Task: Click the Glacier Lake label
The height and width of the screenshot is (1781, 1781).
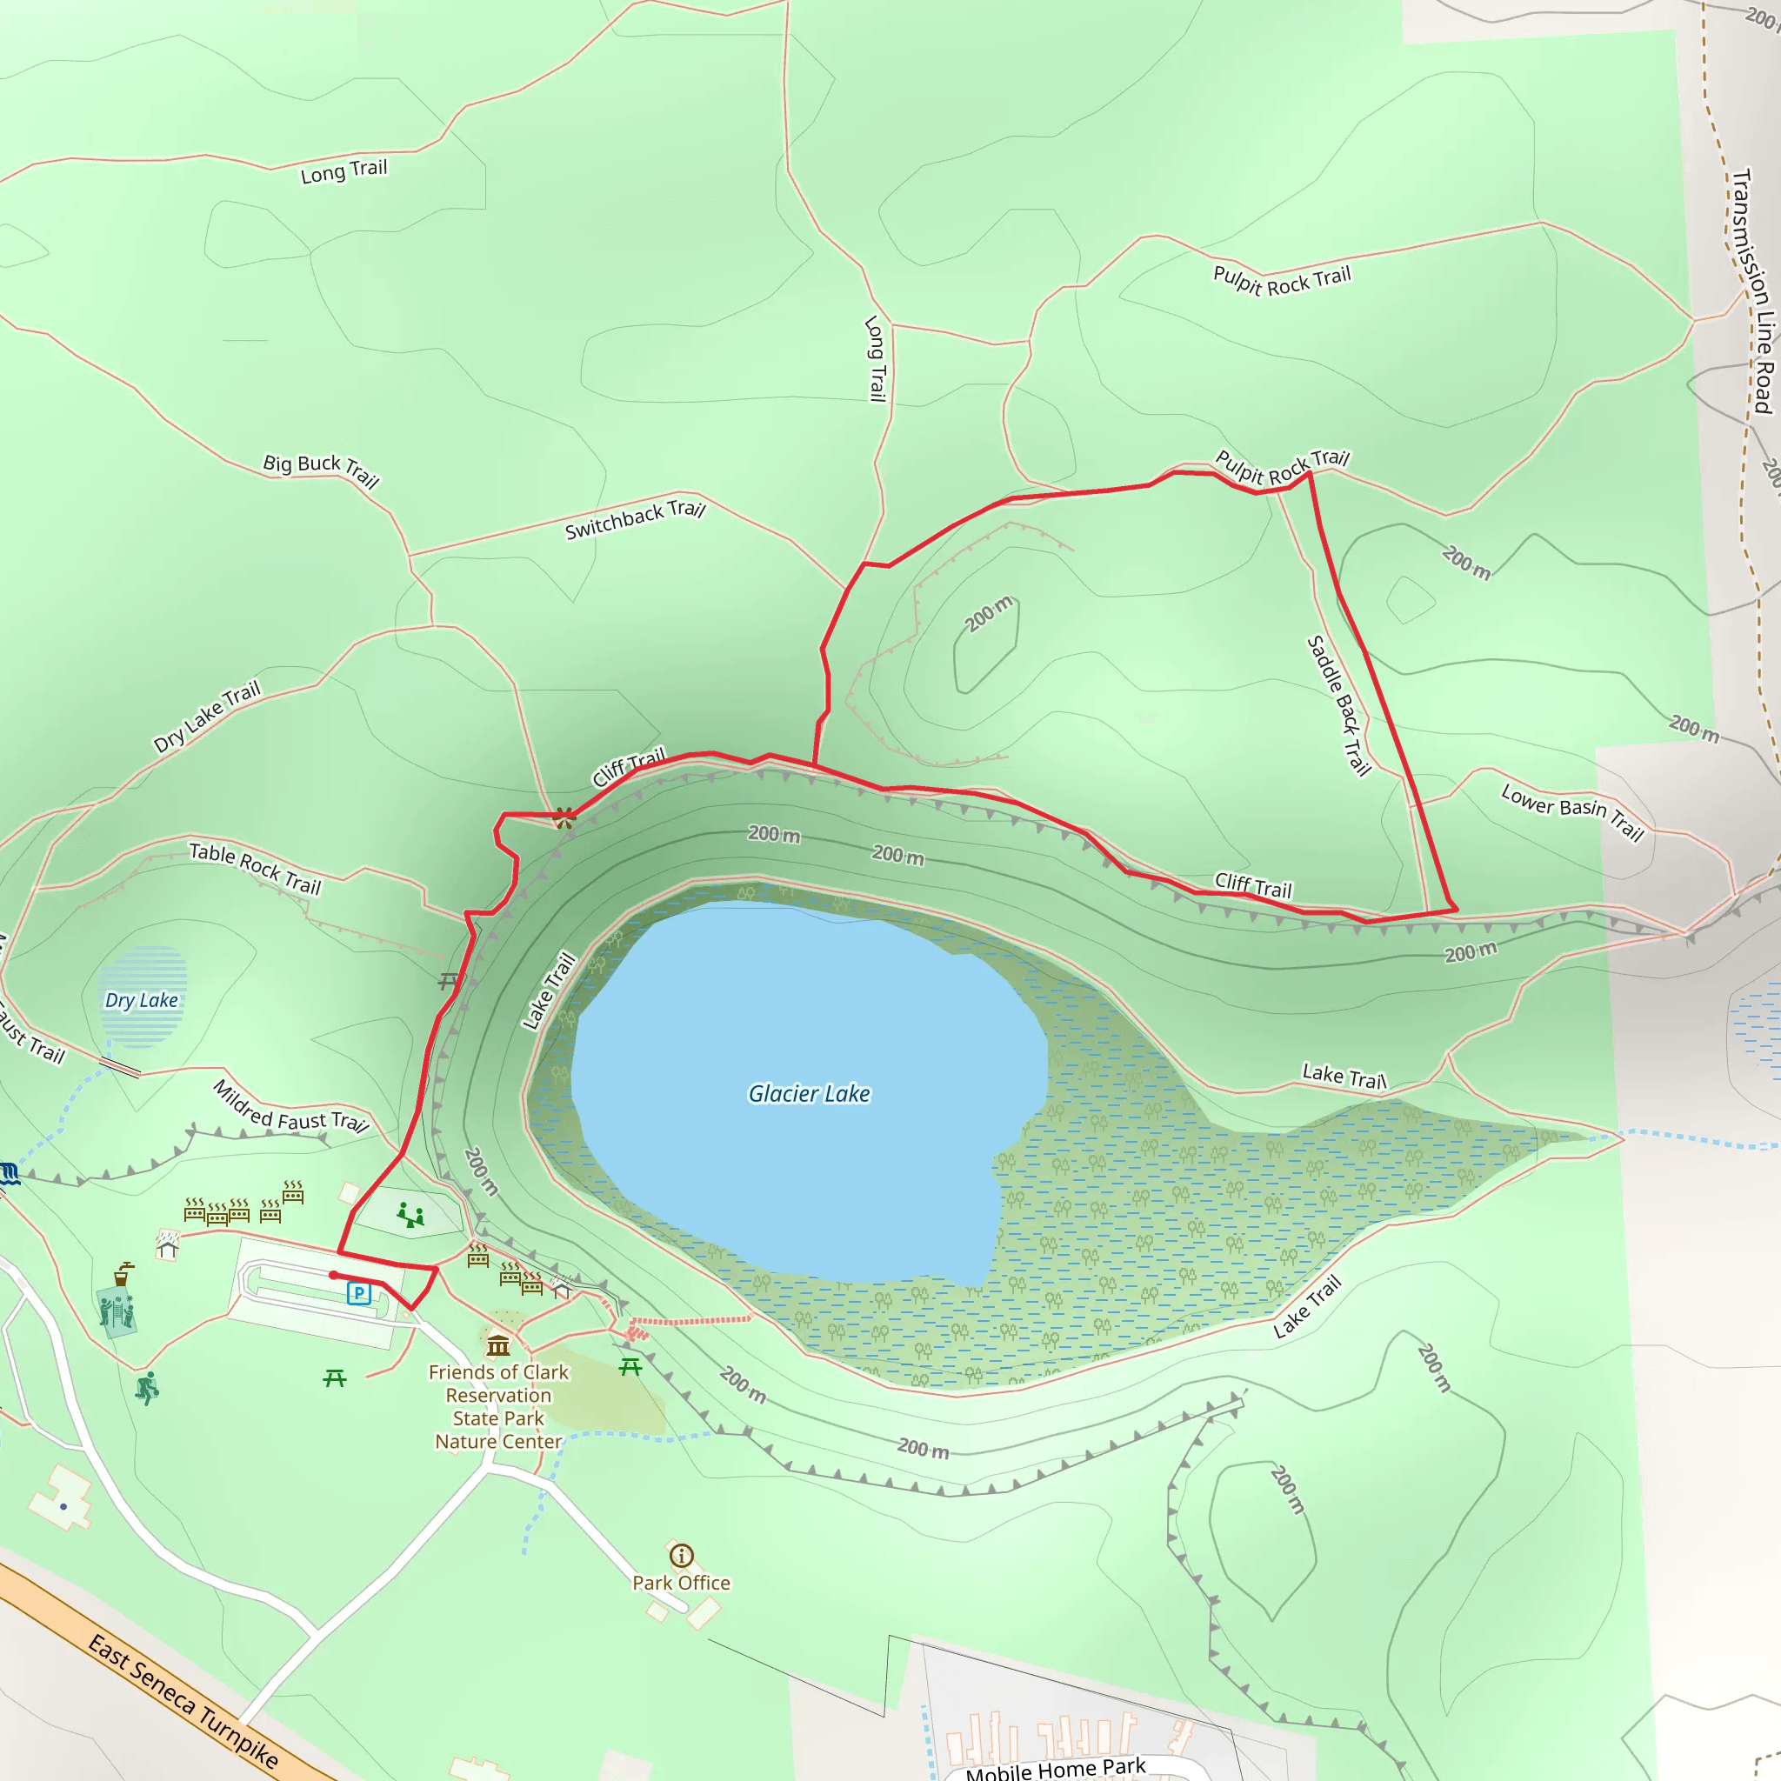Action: click(809, 1093)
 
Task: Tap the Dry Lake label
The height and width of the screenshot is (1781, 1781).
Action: click(141, 1000)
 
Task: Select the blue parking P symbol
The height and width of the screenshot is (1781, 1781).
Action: click(358, 1293)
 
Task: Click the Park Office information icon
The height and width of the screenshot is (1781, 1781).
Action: click(681, 1556)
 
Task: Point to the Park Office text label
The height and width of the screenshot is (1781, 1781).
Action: click(681, 1583)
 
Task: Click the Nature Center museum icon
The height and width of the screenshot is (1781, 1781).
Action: click(498, 1346)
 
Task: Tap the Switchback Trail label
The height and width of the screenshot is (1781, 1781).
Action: click(635, 520)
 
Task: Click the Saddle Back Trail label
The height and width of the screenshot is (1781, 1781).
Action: click(1339, 705)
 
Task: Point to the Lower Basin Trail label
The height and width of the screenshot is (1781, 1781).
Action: click(1572, 811)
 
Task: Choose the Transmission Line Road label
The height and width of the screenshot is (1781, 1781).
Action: click(1752, 290)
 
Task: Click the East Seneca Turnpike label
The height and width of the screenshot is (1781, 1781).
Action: click(183, 1702)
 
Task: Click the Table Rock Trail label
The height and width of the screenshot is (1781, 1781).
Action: click(256, 869)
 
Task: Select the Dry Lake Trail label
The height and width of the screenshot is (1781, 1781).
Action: click(208, 717)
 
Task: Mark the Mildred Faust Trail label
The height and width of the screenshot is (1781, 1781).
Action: click(291, 1107)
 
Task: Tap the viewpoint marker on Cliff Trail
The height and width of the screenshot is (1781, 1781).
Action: click(564, 817)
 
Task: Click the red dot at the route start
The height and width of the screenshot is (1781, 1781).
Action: click(334, 1275)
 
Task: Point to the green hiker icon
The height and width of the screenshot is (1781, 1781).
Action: click(147, 1387)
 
